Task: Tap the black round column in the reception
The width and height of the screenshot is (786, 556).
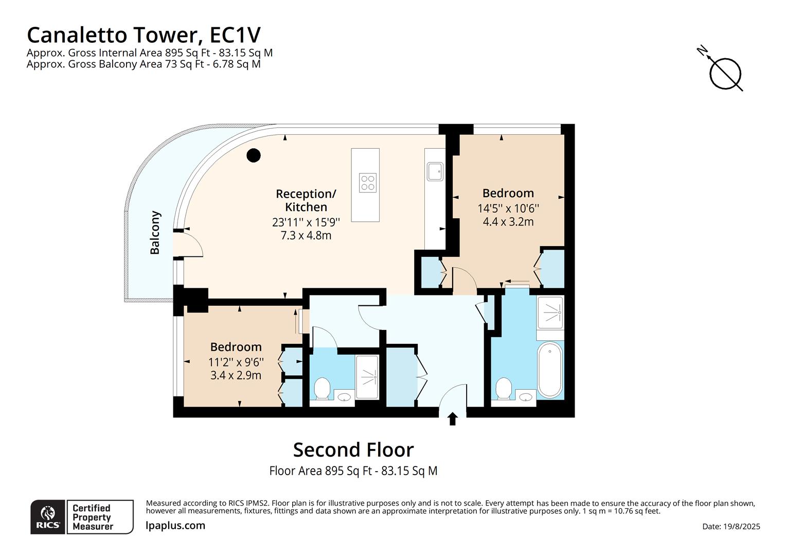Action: [x=253, y=155]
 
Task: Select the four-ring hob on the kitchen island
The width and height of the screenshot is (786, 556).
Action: [x=368, y=183]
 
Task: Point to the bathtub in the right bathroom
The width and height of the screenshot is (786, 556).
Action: [x=550, y=370]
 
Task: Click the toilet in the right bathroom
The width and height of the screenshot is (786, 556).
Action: [x=504, y=389]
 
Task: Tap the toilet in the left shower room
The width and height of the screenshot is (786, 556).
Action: [x=322, y=388]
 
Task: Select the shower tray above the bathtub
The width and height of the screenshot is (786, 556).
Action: [x=550, y=311]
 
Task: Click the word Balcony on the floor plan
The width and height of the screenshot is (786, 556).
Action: [x=155, y=232]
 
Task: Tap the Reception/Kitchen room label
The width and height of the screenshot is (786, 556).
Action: [x=306, y=200]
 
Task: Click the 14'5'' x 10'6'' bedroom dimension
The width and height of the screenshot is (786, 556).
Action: [x=508, y=208]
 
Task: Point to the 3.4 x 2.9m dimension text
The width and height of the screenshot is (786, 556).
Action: [x=236, y=375]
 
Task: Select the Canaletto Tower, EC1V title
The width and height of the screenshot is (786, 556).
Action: [x=144, y=35]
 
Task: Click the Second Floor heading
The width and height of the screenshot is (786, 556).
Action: [x=353, y=449]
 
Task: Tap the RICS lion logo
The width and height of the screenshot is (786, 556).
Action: [x=48, y=516]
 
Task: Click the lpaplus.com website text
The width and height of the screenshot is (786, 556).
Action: [x=175, y=526]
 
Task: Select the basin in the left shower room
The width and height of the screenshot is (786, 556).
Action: [x=344, y=397]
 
